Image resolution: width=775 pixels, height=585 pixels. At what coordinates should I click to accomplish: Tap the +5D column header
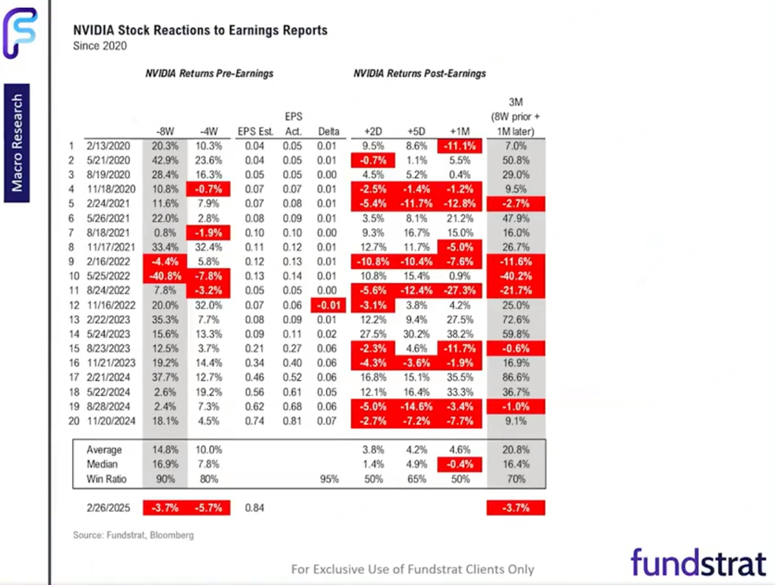(x=417, y=131)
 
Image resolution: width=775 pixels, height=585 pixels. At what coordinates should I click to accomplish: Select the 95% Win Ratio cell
(x=329, y=479)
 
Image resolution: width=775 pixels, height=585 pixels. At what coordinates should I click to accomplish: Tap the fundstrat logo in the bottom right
(x=698, y=562)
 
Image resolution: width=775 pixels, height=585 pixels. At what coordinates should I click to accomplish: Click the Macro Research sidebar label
(x=18, y=143)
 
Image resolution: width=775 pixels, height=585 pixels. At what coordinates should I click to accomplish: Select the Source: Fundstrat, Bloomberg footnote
(x=133, y=535)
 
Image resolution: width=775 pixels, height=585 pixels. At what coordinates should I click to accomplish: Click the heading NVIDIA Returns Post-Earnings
(x=420, y=74)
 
